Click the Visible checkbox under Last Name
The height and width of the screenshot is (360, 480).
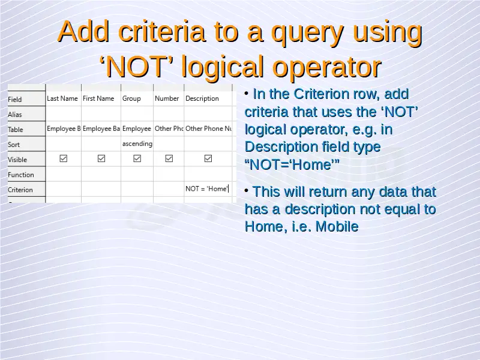[x=64, y=158]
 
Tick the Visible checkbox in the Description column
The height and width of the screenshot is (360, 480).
[x=208, y=158]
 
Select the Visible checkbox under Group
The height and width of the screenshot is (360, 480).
[x=137, y=158]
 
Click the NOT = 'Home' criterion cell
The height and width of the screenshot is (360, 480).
[x=207, y=189]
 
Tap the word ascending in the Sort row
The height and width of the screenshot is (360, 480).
[x=137, y=143]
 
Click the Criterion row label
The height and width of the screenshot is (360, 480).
[x=20, y=190]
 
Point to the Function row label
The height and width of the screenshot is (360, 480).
[x=21, y=175]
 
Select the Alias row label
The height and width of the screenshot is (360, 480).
[x=14, y=115]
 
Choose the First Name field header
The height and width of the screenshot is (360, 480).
[x=98, y=98]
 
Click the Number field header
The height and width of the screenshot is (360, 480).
[x=167, y=98]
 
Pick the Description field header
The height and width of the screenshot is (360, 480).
[x=202, y=98]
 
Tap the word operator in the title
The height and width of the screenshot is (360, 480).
[x=326, y=67]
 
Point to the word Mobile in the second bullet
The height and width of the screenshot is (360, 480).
[x=337, y=227]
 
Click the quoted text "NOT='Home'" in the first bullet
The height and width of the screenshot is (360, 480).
[x=292, y=164]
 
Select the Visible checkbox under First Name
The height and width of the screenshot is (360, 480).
[x=101, y=158]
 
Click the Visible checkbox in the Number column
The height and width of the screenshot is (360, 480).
[x=169, y=158]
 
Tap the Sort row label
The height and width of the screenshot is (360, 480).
[x=14, y=145]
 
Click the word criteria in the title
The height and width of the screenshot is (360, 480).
[x=161, y=32]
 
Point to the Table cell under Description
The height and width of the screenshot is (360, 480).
[x=208, y=128]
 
